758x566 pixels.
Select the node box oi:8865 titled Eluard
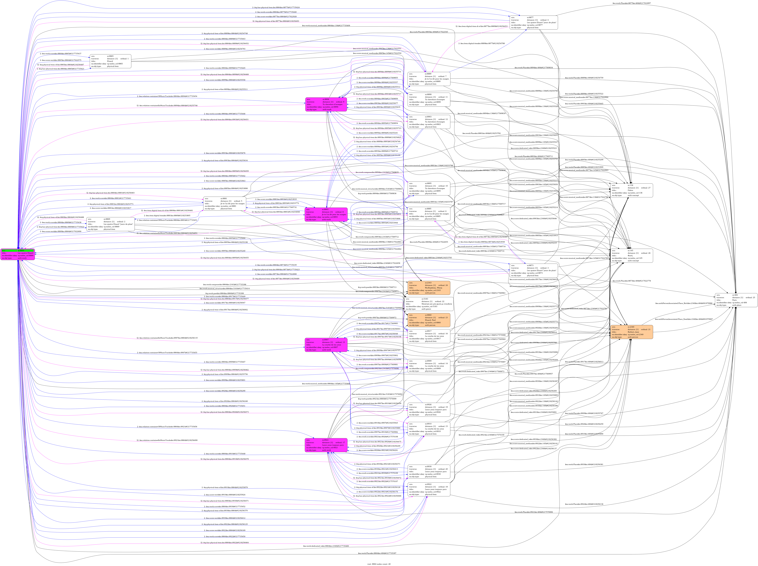click(110, 61)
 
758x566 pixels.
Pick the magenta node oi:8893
click(326, 214)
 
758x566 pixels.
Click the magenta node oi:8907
click(326, 345)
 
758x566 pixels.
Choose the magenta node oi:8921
click(326, 445)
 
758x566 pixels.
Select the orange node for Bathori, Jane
click(632, 332)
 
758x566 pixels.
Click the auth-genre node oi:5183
click(429, 304)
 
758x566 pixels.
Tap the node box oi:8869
click(110, 224)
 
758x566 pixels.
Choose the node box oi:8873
click(534, 271)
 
